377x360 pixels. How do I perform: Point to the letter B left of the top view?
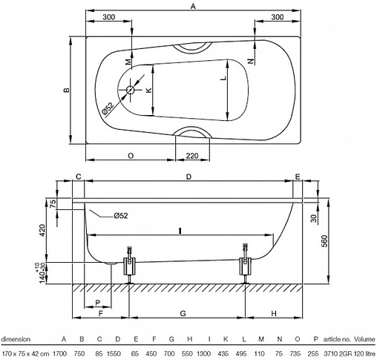pos(66,91)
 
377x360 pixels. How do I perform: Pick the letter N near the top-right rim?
pos(250,59)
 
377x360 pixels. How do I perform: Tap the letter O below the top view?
pos(131,156)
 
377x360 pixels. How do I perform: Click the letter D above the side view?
pos(188,177)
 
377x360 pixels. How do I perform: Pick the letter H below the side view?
pos(274,314)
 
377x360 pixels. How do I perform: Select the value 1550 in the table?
pos(114,353)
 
